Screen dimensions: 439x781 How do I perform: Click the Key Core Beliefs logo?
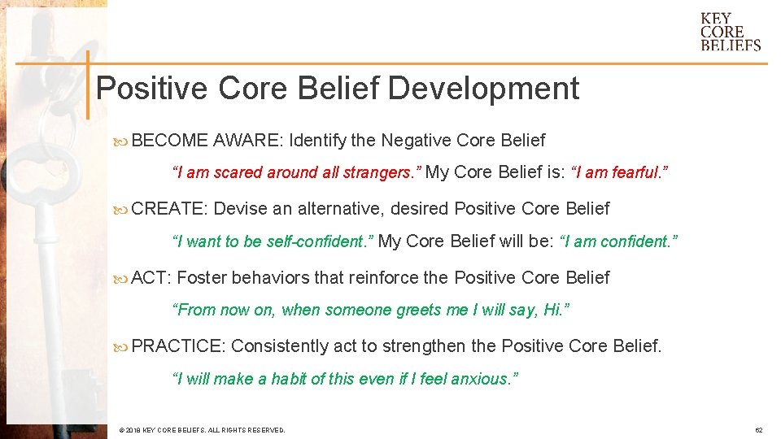pos(730,32)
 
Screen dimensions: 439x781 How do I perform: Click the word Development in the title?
pos(483,88)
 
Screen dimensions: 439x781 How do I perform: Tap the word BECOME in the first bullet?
pos(169,141)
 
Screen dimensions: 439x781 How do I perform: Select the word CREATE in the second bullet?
pos(169,209)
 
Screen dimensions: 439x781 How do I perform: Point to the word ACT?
pos(150,278)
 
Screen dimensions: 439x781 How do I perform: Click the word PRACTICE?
pos(177,346)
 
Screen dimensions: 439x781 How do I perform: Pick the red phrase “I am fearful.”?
pos(621,172)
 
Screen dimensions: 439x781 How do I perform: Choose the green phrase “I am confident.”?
pos(618,241)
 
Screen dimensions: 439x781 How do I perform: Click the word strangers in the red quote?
pos(382,172)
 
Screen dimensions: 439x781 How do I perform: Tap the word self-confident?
pos(322,241)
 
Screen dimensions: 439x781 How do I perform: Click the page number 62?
pos(758,429)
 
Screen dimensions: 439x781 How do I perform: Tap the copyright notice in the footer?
pos(202,429)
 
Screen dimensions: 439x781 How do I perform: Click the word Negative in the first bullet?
pos(417,141)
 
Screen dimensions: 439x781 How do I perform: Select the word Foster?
pos(202,278)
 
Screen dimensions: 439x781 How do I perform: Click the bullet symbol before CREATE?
pos(122,210)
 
